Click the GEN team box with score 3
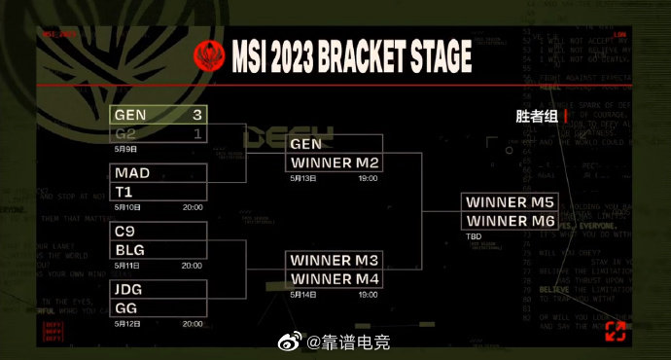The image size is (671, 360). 159,115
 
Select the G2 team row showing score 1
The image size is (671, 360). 159,133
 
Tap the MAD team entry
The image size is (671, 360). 159,174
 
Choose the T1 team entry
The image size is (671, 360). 159,192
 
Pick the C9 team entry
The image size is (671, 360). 159,232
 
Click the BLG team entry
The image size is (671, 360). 159,249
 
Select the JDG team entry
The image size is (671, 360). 159,289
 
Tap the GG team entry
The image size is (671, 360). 159,307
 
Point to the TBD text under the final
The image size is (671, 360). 475,236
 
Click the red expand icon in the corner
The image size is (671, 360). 615,331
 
